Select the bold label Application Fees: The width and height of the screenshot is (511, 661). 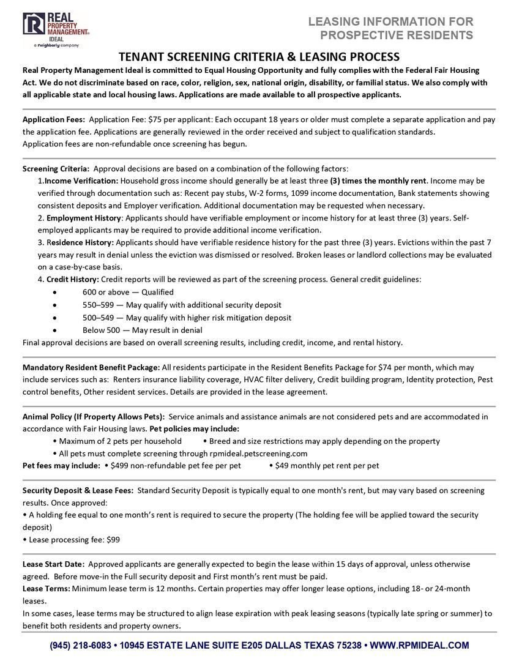tap(53, 119)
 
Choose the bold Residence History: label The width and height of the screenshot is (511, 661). tap(80, 242)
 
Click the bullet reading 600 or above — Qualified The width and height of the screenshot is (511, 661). tap(128, 292)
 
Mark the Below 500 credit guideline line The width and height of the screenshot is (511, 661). tap(142, 330)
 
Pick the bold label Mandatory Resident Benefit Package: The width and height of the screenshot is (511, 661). tap(91, 367)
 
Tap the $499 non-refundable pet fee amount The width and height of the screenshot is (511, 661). tap(122, 466)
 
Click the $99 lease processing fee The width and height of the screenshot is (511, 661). tap(113, 540)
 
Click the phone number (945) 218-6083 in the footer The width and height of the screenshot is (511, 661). tap(81, 645)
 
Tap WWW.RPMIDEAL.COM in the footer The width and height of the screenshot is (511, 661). tap(420, 645)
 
